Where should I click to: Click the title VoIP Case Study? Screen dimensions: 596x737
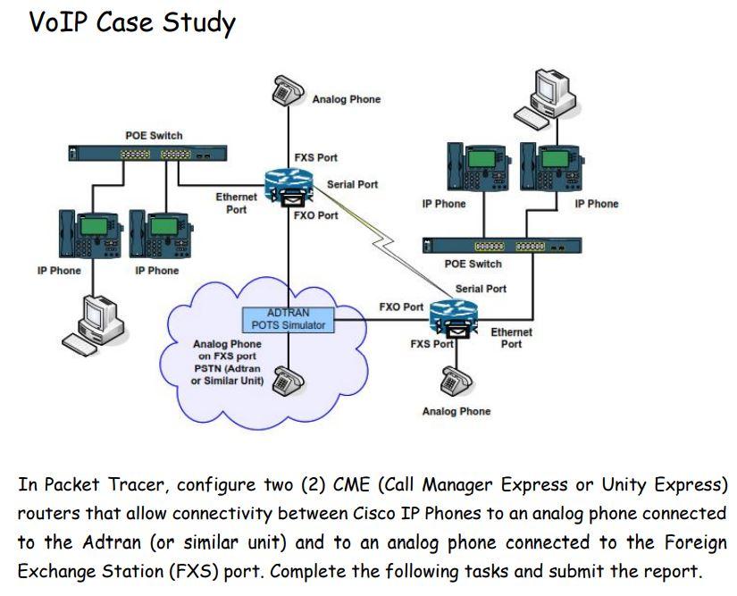[132, 21]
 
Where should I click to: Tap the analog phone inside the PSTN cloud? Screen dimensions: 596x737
[288, 382]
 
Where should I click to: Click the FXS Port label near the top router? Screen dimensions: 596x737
[315, 157]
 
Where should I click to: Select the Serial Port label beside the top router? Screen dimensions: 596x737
[352, 184]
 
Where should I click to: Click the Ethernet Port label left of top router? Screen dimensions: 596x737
[236, 203]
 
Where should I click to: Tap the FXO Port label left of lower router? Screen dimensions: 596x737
[401, 306]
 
